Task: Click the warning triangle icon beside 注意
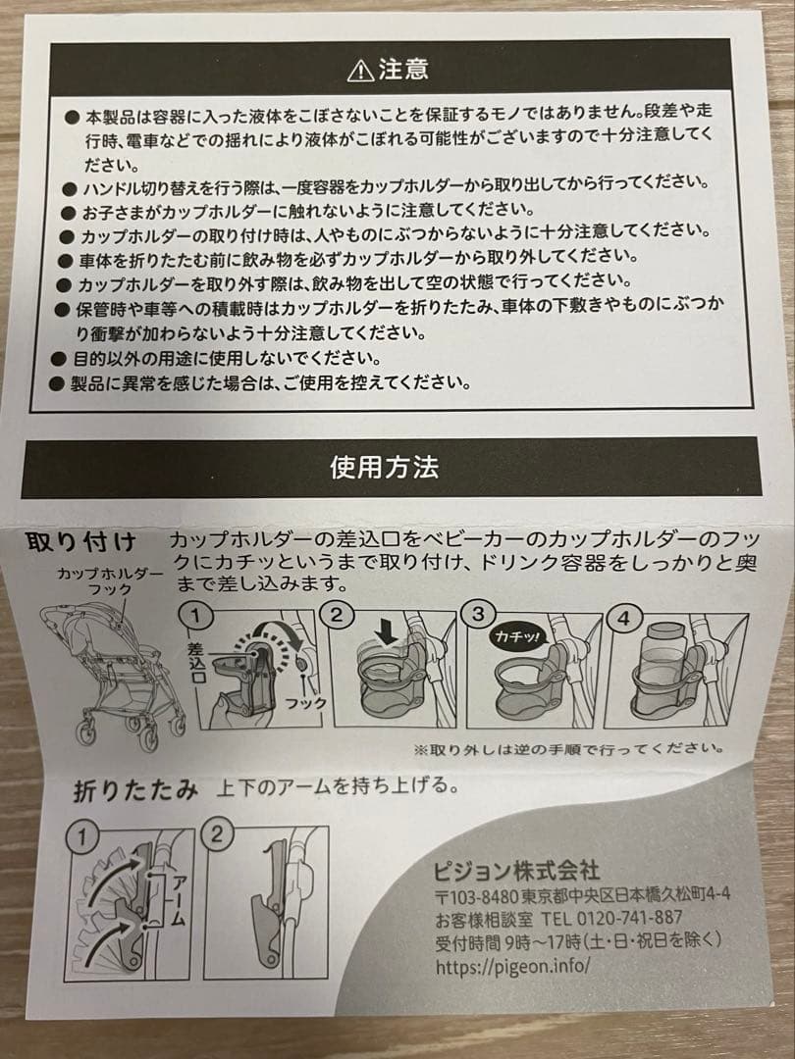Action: click(360, 71)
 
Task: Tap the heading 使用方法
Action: click(385, 468)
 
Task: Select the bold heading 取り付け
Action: click(81, 542)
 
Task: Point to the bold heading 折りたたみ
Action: click(135, 791)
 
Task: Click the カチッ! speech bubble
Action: click(517, 637)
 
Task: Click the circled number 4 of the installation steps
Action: click(622, 618)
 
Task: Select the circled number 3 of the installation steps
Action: click(479, 614)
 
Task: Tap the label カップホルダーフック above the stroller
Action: click(110, 580)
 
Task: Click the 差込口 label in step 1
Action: click(195, 661)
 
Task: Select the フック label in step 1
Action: click(305, 703)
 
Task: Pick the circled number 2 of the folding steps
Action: click(216, 834)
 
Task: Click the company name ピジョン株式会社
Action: click(516, 872)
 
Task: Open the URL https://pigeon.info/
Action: click(512, 967)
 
